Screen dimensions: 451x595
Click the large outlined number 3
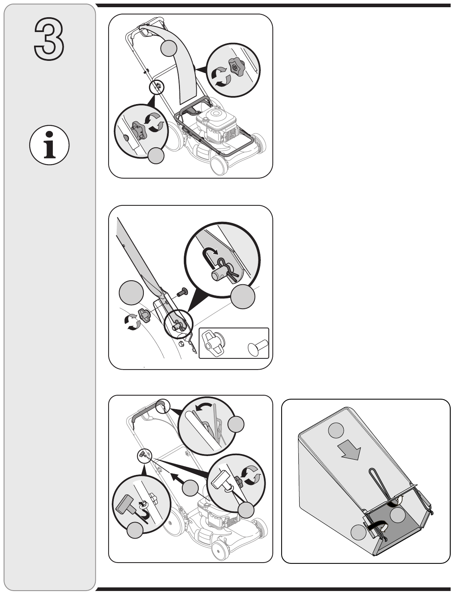(x=49, y=39)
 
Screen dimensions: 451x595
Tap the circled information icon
(x=49, y=145)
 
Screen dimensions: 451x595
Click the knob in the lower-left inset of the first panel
(x=139, y=131)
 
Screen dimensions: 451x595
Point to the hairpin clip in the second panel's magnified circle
(x=227, y=269)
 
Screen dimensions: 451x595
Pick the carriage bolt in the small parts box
(x=258, y=347)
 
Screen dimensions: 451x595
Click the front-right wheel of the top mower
(x=259, y=143)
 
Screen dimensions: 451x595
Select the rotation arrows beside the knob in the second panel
(x=132, y=322)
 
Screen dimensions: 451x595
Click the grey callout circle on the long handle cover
(x=169, y=48)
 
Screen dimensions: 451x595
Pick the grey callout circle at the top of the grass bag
(x=336, y=430)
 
